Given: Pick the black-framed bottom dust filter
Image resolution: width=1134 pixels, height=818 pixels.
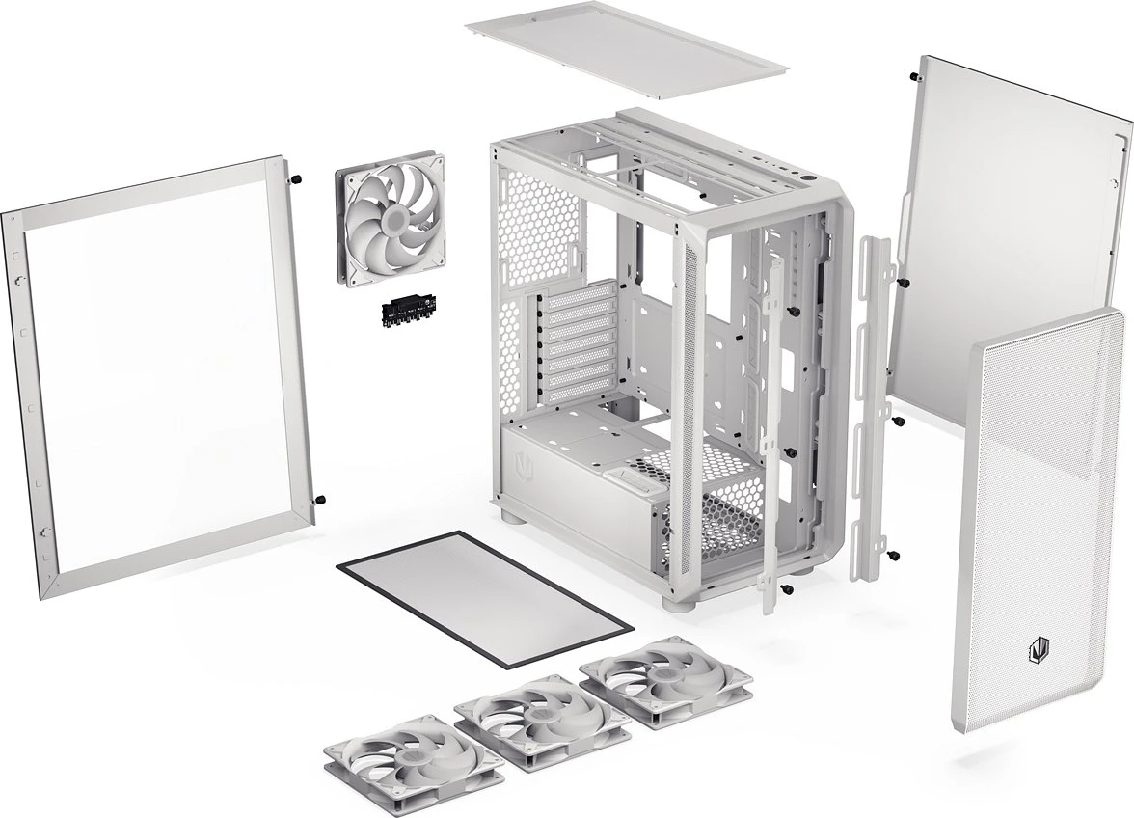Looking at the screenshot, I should [485, 596].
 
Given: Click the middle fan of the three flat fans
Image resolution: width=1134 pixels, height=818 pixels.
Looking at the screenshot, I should [529, 719].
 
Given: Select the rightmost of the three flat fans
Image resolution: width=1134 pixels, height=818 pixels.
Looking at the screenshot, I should [664, 682].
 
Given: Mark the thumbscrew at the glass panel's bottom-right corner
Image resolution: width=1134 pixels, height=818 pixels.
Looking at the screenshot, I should [320, 500].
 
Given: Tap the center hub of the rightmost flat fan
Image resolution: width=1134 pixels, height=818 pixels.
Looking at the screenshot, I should [665, 679].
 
